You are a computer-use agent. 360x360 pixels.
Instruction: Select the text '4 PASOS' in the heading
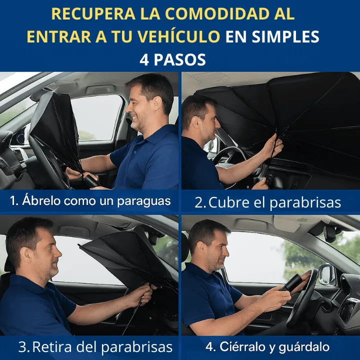point(173,60)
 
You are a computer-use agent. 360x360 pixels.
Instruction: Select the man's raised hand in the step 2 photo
point(272,146)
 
